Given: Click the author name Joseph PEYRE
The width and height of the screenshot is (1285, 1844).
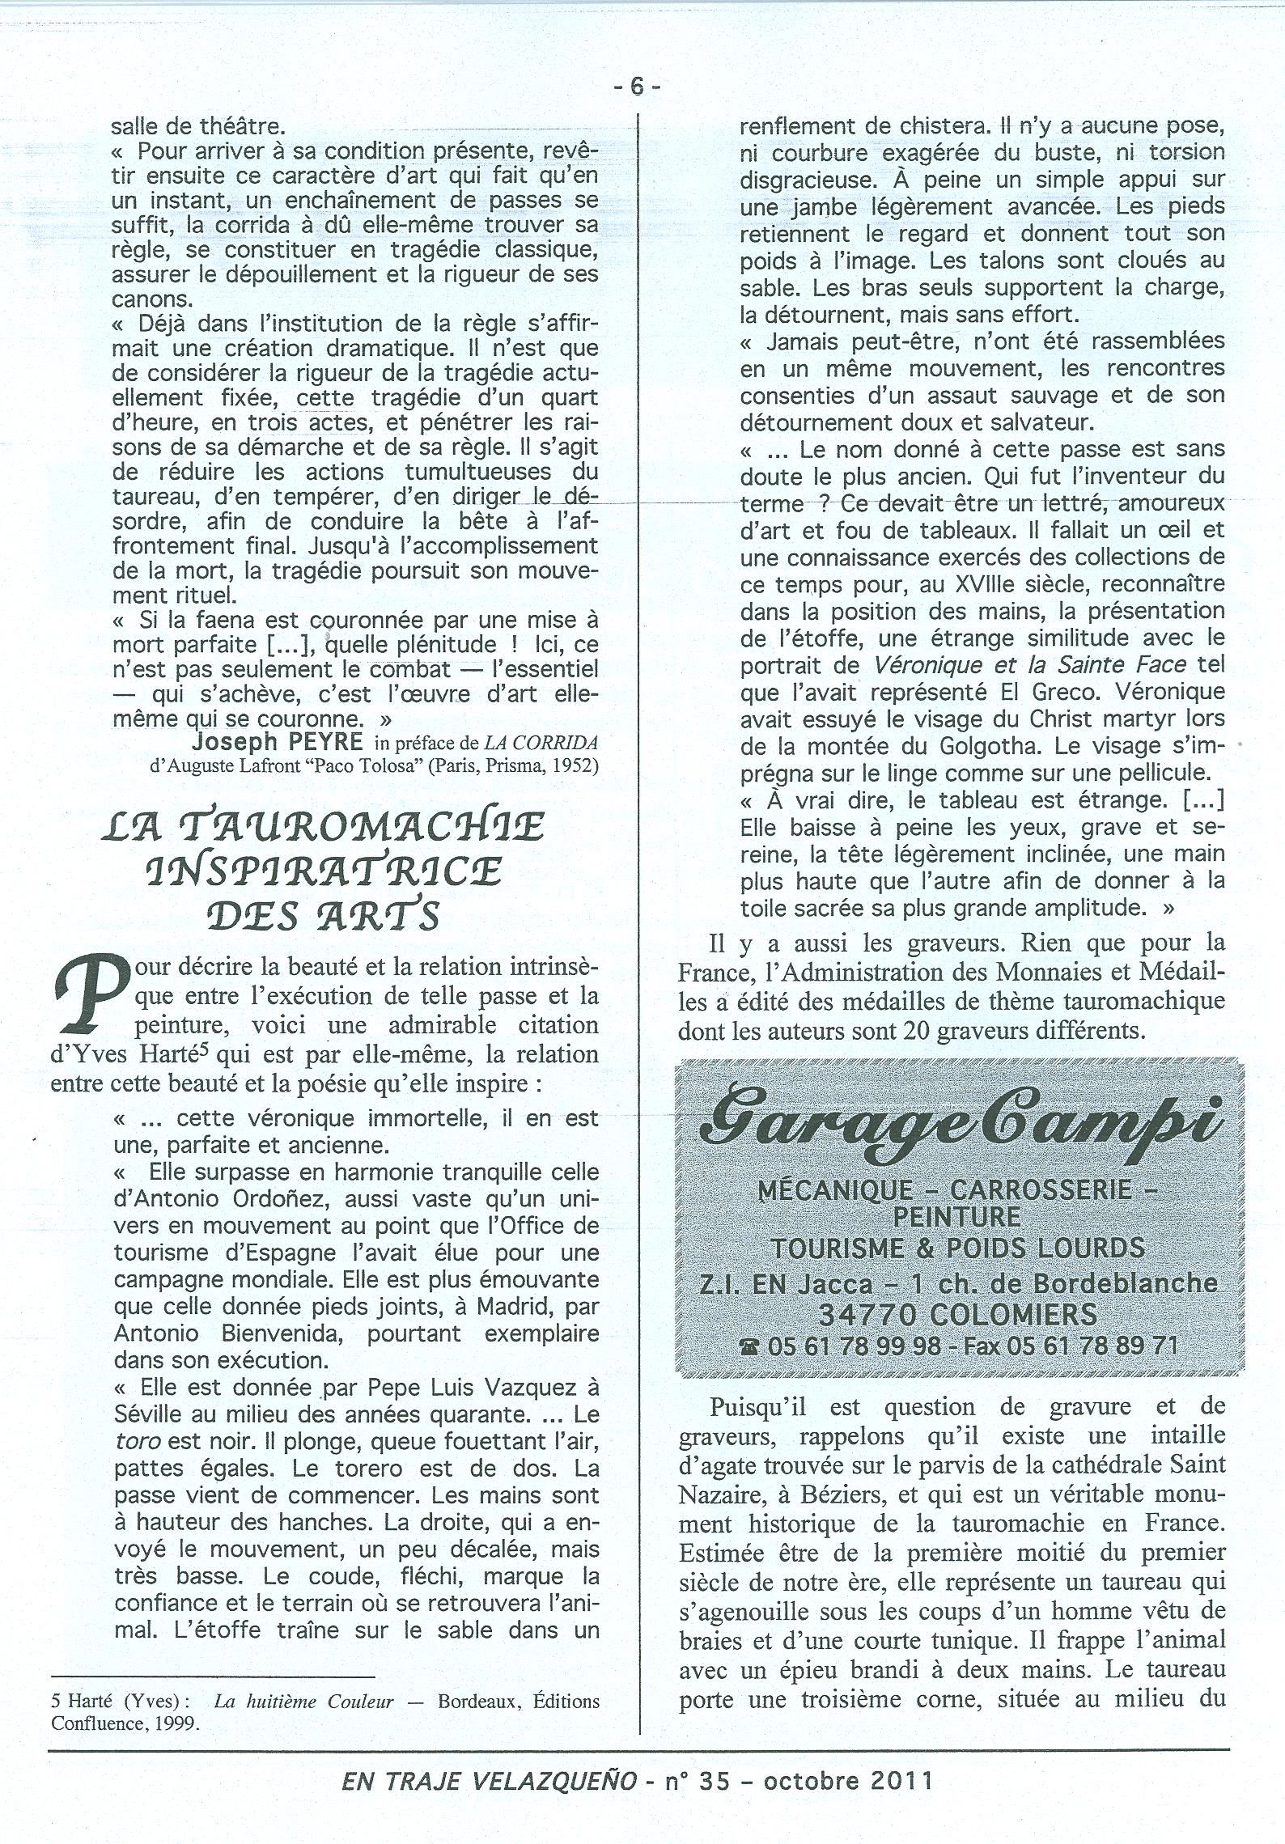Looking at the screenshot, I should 280,742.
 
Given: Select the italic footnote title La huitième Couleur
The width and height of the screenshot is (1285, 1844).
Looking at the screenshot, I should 303,1701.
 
